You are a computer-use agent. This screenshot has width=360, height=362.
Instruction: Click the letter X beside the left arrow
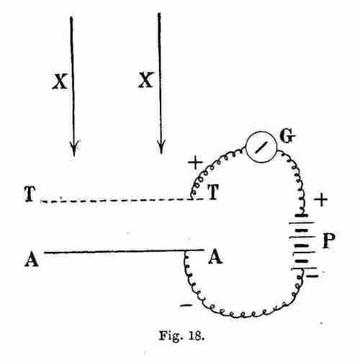pyautogui.click(x=60, y=81)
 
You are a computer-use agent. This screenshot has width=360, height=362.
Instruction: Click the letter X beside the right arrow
pyautogui.click(x=145, y=80)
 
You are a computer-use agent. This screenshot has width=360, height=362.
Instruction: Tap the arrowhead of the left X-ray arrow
pyautogui.click(x=74, y=148)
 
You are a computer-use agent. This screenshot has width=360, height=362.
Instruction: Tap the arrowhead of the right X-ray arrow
pyautogui.click(x=161, y=146)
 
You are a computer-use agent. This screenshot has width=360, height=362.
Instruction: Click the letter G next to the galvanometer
pyautogui.click(x=287, y=136)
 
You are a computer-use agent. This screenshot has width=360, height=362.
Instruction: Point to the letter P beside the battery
pyautogui.click(x=328, y=240)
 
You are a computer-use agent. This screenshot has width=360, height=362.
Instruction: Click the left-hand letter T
pyautogui.click(x=30, y=194)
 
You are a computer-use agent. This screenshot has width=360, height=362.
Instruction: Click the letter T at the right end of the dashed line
pyautogui.click(x=213, y=191)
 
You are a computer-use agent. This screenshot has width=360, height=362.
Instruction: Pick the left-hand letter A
pyautogui.click(x=32, y=260)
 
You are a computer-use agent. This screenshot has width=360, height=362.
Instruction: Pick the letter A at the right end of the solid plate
pyautogui.click(x=215, y=257)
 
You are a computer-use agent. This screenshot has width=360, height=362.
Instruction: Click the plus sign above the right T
pyautogui.click(x=195, y=163)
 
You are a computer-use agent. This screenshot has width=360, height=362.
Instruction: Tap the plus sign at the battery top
pyautogui.click(x=321, y=199)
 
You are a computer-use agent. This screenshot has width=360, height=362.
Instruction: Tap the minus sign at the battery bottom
pyautogui.click(x=313, y=276)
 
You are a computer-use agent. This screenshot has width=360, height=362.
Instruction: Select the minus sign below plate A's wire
pyautogui.click(x=186, y=305)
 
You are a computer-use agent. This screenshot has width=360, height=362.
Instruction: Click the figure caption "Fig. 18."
pyautogui.click(x=181, y=336)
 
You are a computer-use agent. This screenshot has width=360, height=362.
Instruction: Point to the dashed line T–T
pyautogui.click(x=122, y=200)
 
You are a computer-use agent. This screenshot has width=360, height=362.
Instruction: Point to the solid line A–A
pyautogui.click(x=124, y=251)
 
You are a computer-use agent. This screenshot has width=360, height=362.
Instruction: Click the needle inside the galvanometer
pyautogui.click(x=261, y=147)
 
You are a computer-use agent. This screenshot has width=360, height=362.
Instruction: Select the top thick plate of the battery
pyautogui.click(x=302, y=215)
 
